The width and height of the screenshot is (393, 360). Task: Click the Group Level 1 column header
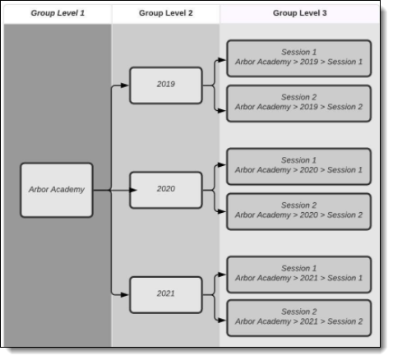click(58, 13)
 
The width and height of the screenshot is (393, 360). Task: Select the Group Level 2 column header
click(166, 13)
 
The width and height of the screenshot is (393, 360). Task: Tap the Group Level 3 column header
click(300, 13)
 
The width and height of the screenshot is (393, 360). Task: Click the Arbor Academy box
click(57, 190)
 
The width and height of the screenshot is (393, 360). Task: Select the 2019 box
click(166, 85)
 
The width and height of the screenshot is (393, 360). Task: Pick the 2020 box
click(166, 190)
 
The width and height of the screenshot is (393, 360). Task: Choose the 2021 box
click(166, 295)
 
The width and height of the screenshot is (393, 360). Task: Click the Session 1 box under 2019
click(299, 58)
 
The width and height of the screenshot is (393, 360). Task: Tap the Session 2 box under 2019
click(299, 104)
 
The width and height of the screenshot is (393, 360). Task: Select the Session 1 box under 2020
click(299, 166)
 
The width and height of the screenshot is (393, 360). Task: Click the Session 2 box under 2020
click(299, 211)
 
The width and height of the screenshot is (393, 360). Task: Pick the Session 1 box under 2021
click(299, 275)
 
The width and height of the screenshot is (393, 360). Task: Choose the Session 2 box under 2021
click(299, 318)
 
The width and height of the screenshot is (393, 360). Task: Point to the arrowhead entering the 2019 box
click(125, 85)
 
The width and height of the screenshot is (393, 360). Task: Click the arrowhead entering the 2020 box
click(133, 190)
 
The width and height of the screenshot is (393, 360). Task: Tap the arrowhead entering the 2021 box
click(125, 295)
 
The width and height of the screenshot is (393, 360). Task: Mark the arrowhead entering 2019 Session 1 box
click(222, 60)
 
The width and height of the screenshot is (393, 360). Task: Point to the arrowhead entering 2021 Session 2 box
click(222, 320)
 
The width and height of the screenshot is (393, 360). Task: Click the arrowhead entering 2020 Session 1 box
click(222, 165)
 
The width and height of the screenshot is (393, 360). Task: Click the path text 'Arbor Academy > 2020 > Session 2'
click(298, 215)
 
